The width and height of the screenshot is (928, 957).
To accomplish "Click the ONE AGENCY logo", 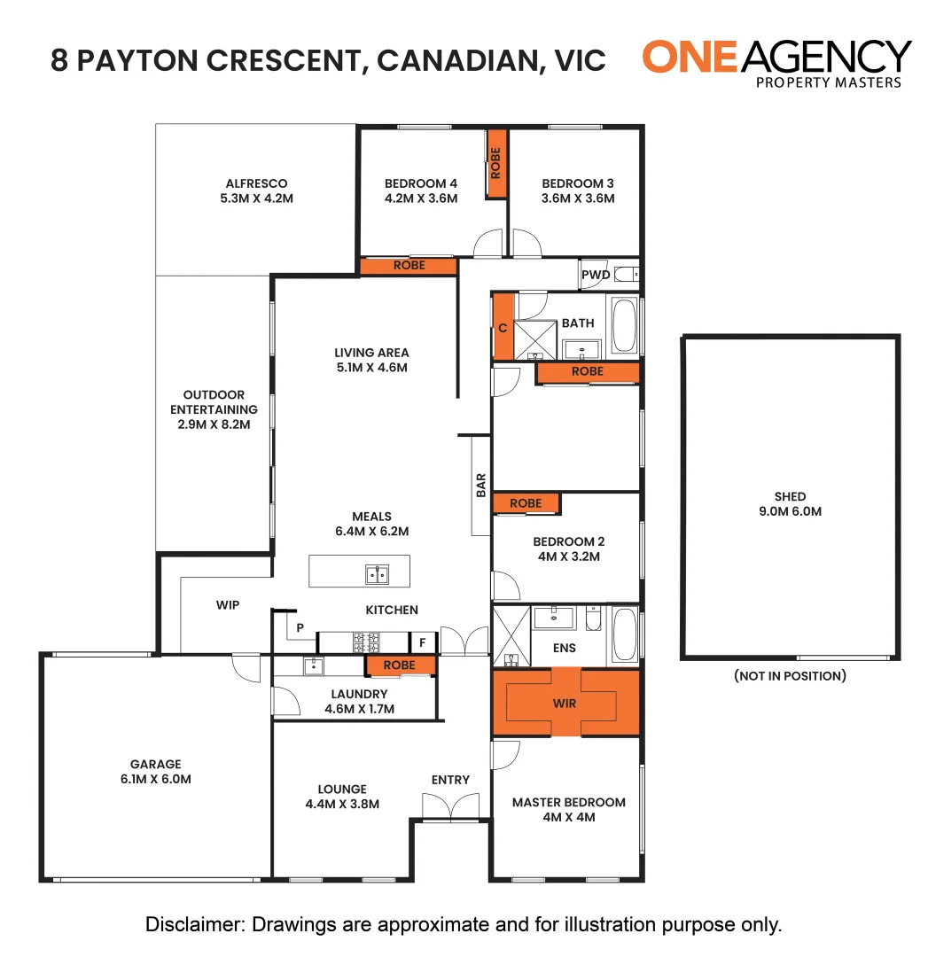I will [x=776, y=63].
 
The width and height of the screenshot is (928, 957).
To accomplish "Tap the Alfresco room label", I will [x=256, y=183].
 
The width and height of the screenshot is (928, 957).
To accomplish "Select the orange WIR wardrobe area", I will [x=565, y=703].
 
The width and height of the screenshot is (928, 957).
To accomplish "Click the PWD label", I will [x=596, y=275].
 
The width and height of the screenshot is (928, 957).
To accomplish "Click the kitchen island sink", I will [x=377, y=574].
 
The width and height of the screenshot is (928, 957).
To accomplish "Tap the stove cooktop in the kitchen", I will [x=367, y=641].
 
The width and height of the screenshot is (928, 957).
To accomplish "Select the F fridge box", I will [x=423, y=642].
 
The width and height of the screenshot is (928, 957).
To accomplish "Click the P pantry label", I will [x=300, y=628].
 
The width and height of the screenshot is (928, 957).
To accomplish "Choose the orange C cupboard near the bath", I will [x=503, y=328].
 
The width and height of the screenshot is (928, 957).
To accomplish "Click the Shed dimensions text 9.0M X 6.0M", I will [x=789, y=511].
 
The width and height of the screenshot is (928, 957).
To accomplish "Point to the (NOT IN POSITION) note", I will [x=790, y=676].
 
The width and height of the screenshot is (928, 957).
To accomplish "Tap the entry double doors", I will [x=451, y=805].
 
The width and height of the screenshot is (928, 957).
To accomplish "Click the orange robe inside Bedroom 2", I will [x=526, y=503].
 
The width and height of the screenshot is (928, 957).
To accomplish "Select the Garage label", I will [x=156, y=764].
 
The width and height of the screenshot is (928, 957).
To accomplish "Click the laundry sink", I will [x=312, y=665].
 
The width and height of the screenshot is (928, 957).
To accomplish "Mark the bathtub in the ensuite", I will [x=624, y=634].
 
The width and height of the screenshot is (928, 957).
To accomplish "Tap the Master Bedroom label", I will [x=568, y=802].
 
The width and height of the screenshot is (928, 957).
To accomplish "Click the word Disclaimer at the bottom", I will [x=194, y=925].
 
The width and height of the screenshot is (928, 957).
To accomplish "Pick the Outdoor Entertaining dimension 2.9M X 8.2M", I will [x=214, y=424].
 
